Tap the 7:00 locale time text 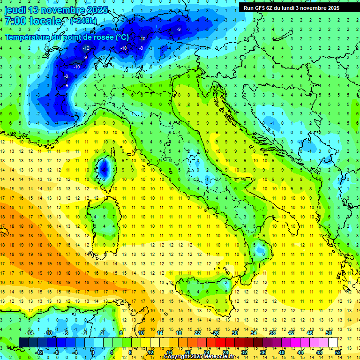[x=33, y=21]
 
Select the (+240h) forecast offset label [x=83, y=21]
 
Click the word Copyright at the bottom [x=176, y=357]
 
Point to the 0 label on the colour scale [x=92, y=352]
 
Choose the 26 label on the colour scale [x=216, y=333]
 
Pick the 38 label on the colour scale [x=272, y=333]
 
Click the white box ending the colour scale [x=333, y=342]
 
